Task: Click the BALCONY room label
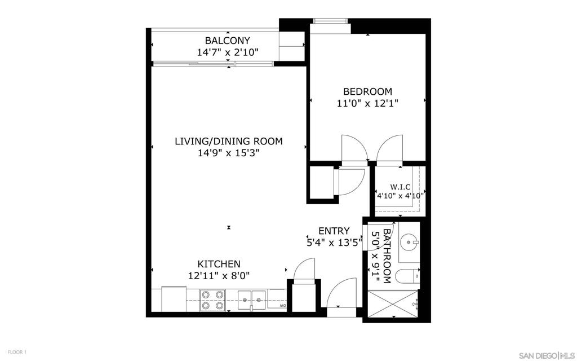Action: pos(228,40)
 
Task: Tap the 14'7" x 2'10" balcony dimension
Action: pos(228,52)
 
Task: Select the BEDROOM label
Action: pos(367,91)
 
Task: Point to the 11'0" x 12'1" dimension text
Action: pos(367,104)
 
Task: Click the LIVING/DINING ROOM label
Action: pos(229,141)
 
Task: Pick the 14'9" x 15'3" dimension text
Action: pos(229,153)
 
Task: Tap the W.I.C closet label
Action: pos(401,187)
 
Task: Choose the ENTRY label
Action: pos(334,231)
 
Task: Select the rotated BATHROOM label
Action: pos(387,256)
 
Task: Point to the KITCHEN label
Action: pos(219,264)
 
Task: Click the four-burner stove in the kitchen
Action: pos(212,300)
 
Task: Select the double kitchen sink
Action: pos(252,300)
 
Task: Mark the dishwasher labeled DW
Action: pos(277,300)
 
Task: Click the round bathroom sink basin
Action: pos(409,243)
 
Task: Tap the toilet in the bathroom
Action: pos(407,276)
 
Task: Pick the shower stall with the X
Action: pos(393,303)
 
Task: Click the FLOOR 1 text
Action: pos(17,352)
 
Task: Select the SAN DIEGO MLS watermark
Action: pos(546,355)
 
